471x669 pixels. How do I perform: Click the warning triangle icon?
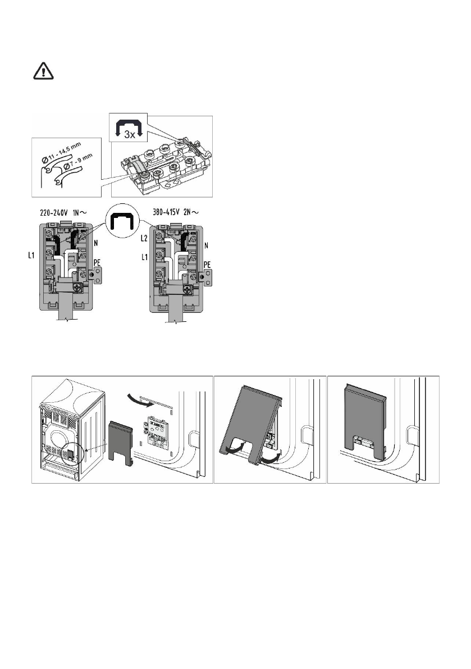(x=40, y=71)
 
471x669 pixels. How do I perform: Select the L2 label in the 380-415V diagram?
(x=145, y=239)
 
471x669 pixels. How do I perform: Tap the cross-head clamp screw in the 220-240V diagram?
(x=80, y=286)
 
